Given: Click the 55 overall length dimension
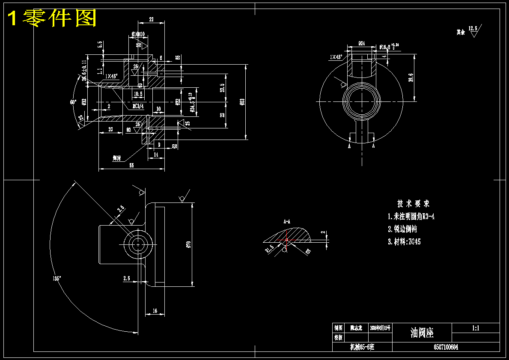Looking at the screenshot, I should tap(131, 166).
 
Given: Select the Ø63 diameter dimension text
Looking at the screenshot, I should tap(243, 101).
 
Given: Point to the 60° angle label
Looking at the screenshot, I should tap(73, 102).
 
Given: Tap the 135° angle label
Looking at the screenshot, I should tap(57, 278).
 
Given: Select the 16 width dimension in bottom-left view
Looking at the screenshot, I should tap(155, 311).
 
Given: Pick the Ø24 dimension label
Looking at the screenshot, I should tap(361, 43).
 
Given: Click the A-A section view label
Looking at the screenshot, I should tap(287, 222).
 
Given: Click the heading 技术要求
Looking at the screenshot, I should tap(413, 204).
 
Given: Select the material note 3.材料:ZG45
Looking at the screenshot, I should tap(404, 241).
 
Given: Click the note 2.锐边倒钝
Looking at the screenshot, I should tap(402, 229).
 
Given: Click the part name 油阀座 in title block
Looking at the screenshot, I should tap(422, 333).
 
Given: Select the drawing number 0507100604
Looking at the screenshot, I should tap(446, 347).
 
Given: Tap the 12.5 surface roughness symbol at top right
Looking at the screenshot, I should tap(473, 30).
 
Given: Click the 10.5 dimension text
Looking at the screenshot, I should tap(138, 93).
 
